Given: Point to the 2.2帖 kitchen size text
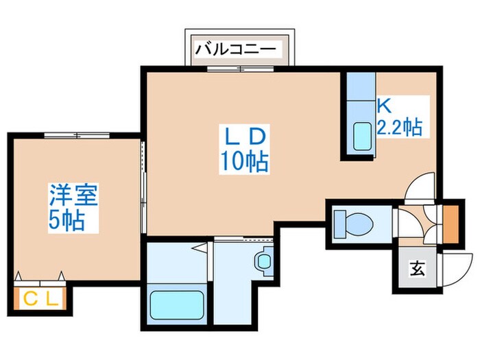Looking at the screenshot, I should [399, 127].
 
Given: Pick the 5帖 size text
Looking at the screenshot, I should [67, 220].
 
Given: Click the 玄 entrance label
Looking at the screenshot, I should [416, 269].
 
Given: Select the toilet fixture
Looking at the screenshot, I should [352, 223].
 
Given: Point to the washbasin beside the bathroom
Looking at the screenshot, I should [263, 261].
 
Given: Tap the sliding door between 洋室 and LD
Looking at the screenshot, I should [143, 185].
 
